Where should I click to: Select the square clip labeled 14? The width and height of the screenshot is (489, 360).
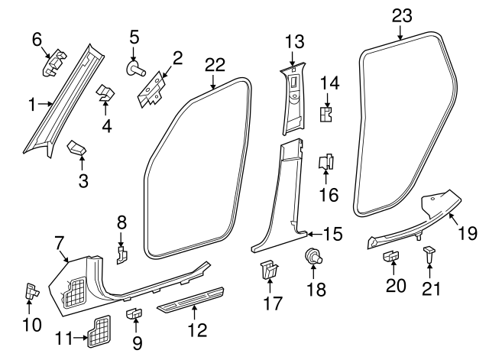click(327, 114)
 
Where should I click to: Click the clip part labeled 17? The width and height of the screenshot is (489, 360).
click(268, 270)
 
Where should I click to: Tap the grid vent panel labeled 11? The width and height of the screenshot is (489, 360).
click(99, 329)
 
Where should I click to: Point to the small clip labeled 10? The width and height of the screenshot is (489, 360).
click(31, 290)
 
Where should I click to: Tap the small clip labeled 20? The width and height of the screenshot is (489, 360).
click(390, 256)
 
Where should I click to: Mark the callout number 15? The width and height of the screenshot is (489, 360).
click(332, 233)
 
